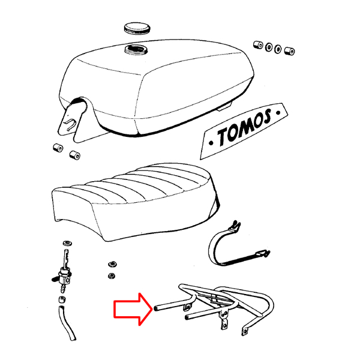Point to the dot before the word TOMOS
point(211,143)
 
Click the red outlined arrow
point(133,308)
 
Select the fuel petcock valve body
point(62,277)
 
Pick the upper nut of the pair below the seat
point(112,264)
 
